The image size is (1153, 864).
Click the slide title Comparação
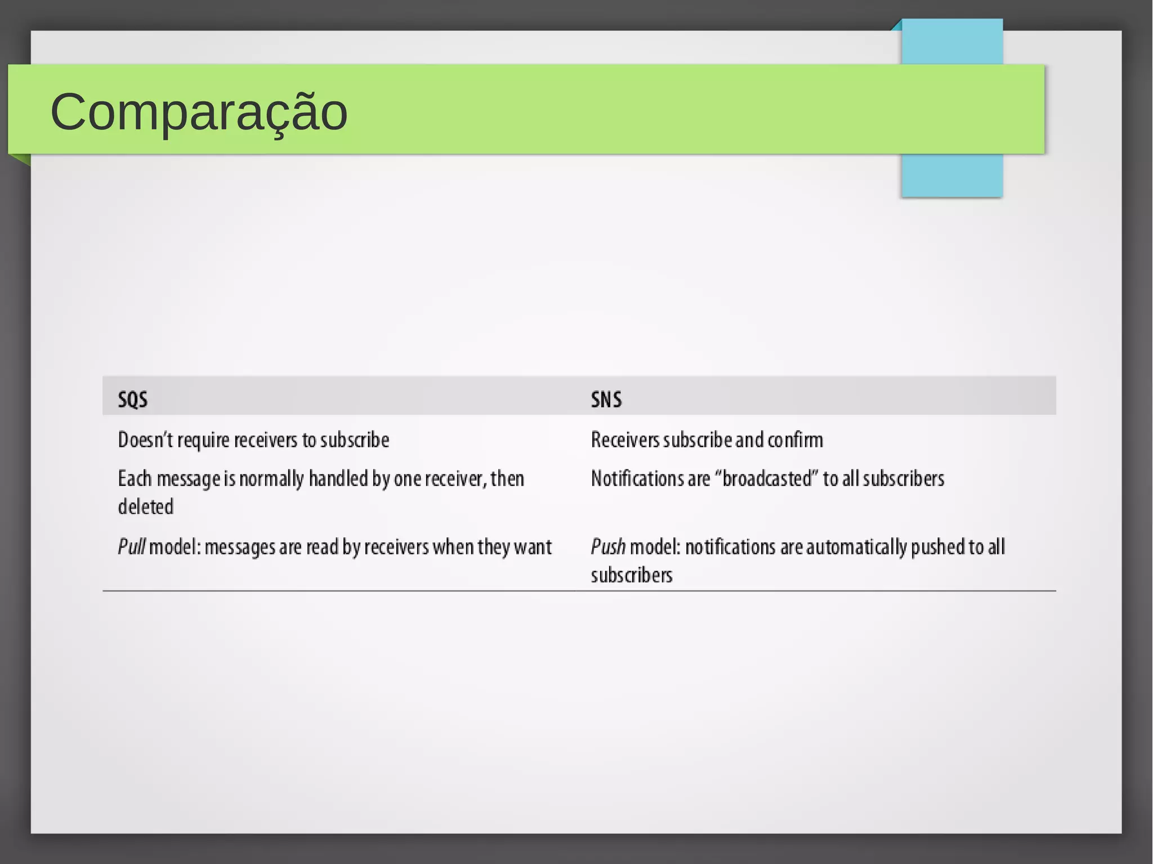click(x=199, y=111)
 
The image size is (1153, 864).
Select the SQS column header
click(x=132, y=400)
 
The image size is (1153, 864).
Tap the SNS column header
click(x=606, y=400)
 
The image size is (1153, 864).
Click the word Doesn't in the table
click(x=145, y=440)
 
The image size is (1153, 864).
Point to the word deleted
click(x=145, y=507)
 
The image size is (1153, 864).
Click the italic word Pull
click(x=131, y=547)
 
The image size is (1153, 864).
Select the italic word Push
click(x=607, y=547)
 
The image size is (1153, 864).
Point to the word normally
click(x=271, y=479)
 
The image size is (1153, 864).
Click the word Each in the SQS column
click(x=135, y=478)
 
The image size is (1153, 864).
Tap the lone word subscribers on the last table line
click(x=631, y=575)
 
